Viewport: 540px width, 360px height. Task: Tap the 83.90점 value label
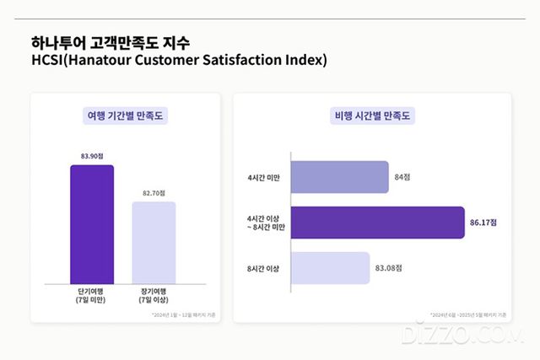click(x=92, y=155)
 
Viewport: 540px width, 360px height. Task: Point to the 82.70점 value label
click(x=154, y=193)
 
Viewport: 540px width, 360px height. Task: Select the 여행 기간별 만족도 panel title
click(x=126, y=116)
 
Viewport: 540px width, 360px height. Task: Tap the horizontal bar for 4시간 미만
click(x=339, y=177)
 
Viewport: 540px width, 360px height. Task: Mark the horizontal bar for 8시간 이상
click(x=330, y=268)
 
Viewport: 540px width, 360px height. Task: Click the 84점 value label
click(x=402, y=177)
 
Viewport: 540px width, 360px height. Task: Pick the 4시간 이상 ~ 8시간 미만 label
click(x=260, y=223)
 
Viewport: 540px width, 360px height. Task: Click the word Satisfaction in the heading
click(x=235, y=61)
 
